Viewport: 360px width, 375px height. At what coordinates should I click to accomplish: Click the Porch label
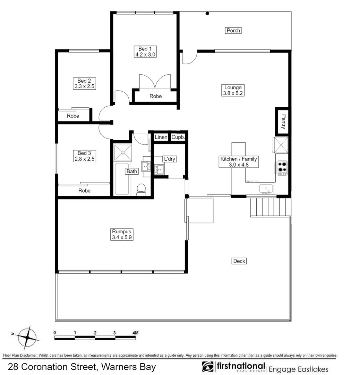pyautogui.click(x=233, y=31)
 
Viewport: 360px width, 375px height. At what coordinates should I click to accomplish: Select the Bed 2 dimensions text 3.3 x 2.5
pyautogui.click(x=85, y=86)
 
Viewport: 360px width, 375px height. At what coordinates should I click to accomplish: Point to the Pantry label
pyautogui.click(x=283, y=122)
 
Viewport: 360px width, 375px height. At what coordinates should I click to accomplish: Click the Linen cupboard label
pyautogui.click(x=161, y=137)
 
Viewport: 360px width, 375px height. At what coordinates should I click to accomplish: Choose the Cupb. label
pyautogui.click(x=178, y=137)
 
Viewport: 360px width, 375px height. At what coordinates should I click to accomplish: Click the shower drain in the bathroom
pyautogui.click(x=123, y=152)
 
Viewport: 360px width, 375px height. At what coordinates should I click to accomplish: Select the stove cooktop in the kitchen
pyautogui.click(x=282, y=168)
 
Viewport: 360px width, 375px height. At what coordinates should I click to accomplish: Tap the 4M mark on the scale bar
pyautogui.click(x=135, y=333)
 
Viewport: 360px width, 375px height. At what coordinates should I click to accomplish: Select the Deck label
pyautogui.click(x=239, y=261)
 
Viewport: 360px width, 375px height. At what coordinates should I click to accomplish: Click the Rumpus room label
pyautogui.click(x=121, y=232)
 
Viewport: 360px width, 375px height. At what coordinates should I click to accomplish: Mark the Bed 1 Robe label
pyautogui.click(x=155, y=96)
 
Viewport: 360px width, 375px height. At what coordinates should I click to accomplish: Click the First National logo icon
pyautogui.click(x=208, y=366)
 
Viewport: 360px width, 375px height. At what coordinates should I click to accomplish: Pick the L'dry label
pyautogui.click(x=170, y=159)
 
